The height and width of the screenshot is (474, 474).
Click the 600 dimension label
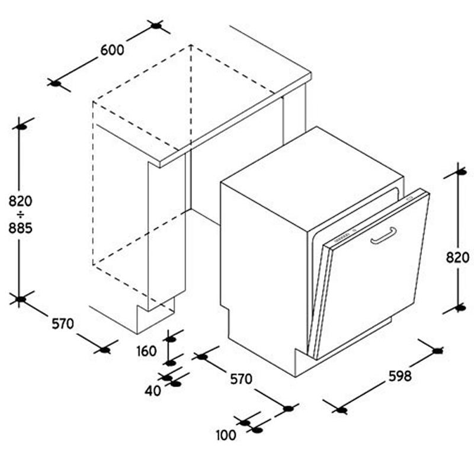click(x=112, y=50)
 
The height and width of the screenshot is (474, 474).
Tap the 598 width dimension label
click(x=400, y=376)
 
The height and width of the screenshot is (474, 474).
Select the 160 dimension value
click(x=146, y=351)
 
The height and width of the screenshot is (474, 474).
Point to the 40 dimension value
click(x=153, y=391)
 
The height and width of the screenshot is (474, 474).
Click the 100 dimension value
click(x=226, y=435)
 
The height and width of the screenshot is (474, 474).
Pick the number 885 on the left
click(x=20, y=228)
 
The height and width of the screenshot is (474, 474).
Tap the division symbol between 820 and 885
click(x=21, y=215)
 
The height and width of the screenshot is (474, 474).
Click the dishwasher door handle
click(x=383, y=235)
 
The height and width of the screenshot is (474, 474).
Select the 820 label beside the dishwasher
click(x=457, y=258)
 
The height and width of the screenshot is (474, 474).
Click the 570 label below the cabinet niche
click(x=63, y=324)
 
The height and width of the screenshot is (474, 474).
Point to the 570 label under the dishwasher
click(x=241, y=379)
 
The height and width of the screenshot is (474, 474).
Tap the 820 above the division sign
click(x=20, y=201)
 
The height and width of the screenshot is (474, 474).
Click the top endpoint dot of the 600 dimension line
click(x=156, y=26)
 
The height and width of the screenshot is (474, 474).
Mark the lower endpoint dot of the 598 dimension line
click(x=342, y=410)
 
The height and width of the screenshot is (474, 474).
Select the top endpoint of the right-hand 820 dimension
click(x=461, y=172)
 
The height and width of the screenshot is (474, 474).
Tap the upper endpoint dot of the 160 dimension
click(x=171, y=339)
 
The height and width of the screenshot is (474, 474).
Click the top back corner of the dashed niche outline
click(x=191, y=46)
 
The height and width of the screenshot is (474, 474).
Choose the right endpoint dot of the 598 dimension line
click(x=437, y=351)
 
